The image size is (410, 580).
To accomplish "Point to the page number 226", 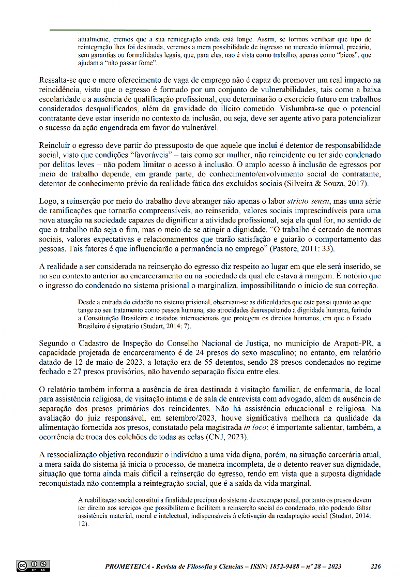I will point(376,567).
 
